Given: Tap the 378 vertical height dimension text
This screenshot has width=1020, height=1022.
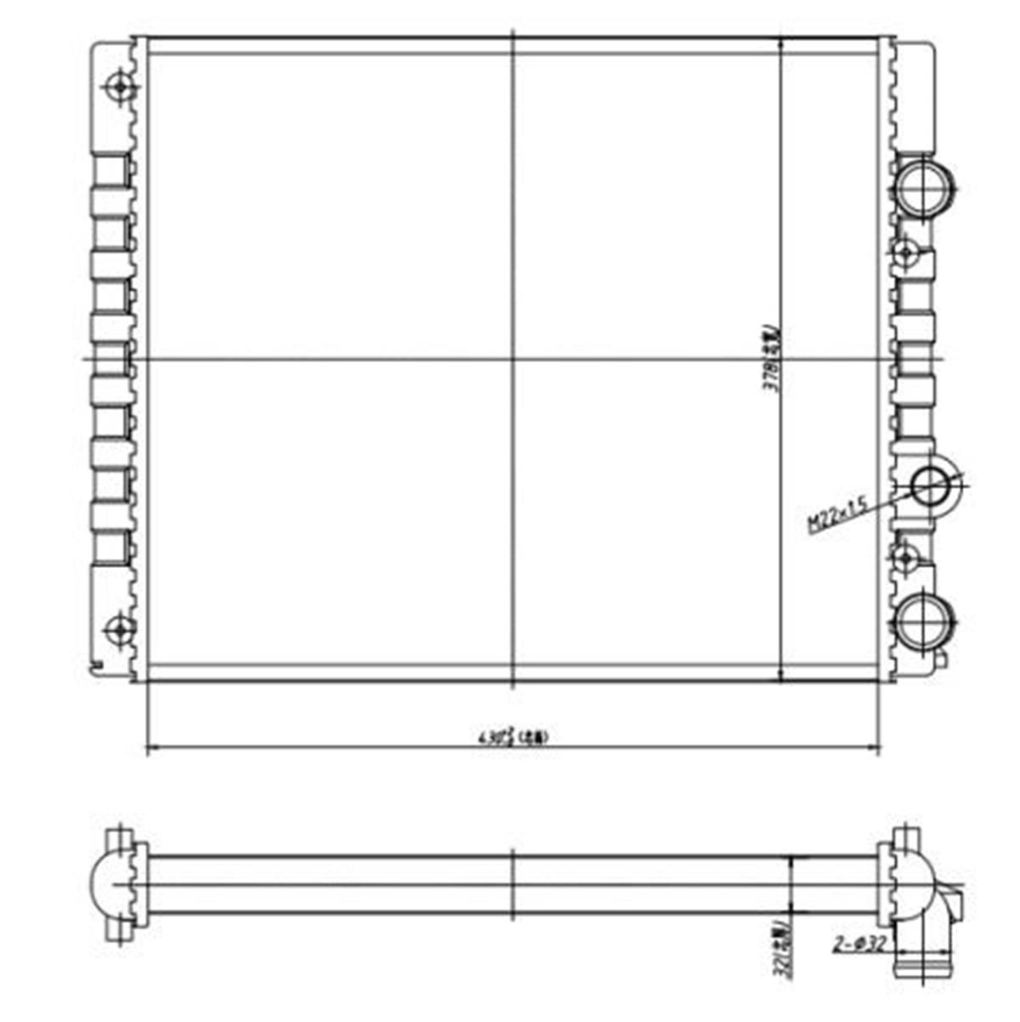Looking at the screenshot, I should (x=772, y=358).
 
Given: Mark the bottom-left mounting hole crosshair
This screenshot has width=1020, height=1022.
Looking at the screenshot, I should (x=118, y=630).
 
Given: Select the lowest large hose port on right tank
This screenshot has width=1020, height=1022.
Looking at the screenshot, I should (x=923, y=620).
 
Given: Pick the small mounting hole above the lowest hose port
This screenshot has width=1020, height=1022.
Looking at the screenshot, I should (x=905, y=558).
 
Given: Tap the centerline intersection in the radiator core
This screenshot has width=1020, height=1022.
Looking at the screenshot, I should (x=513, y=359).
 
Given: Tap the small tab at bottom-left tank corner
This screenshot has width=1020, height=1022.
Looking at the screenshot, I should (x=98, y=665).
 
